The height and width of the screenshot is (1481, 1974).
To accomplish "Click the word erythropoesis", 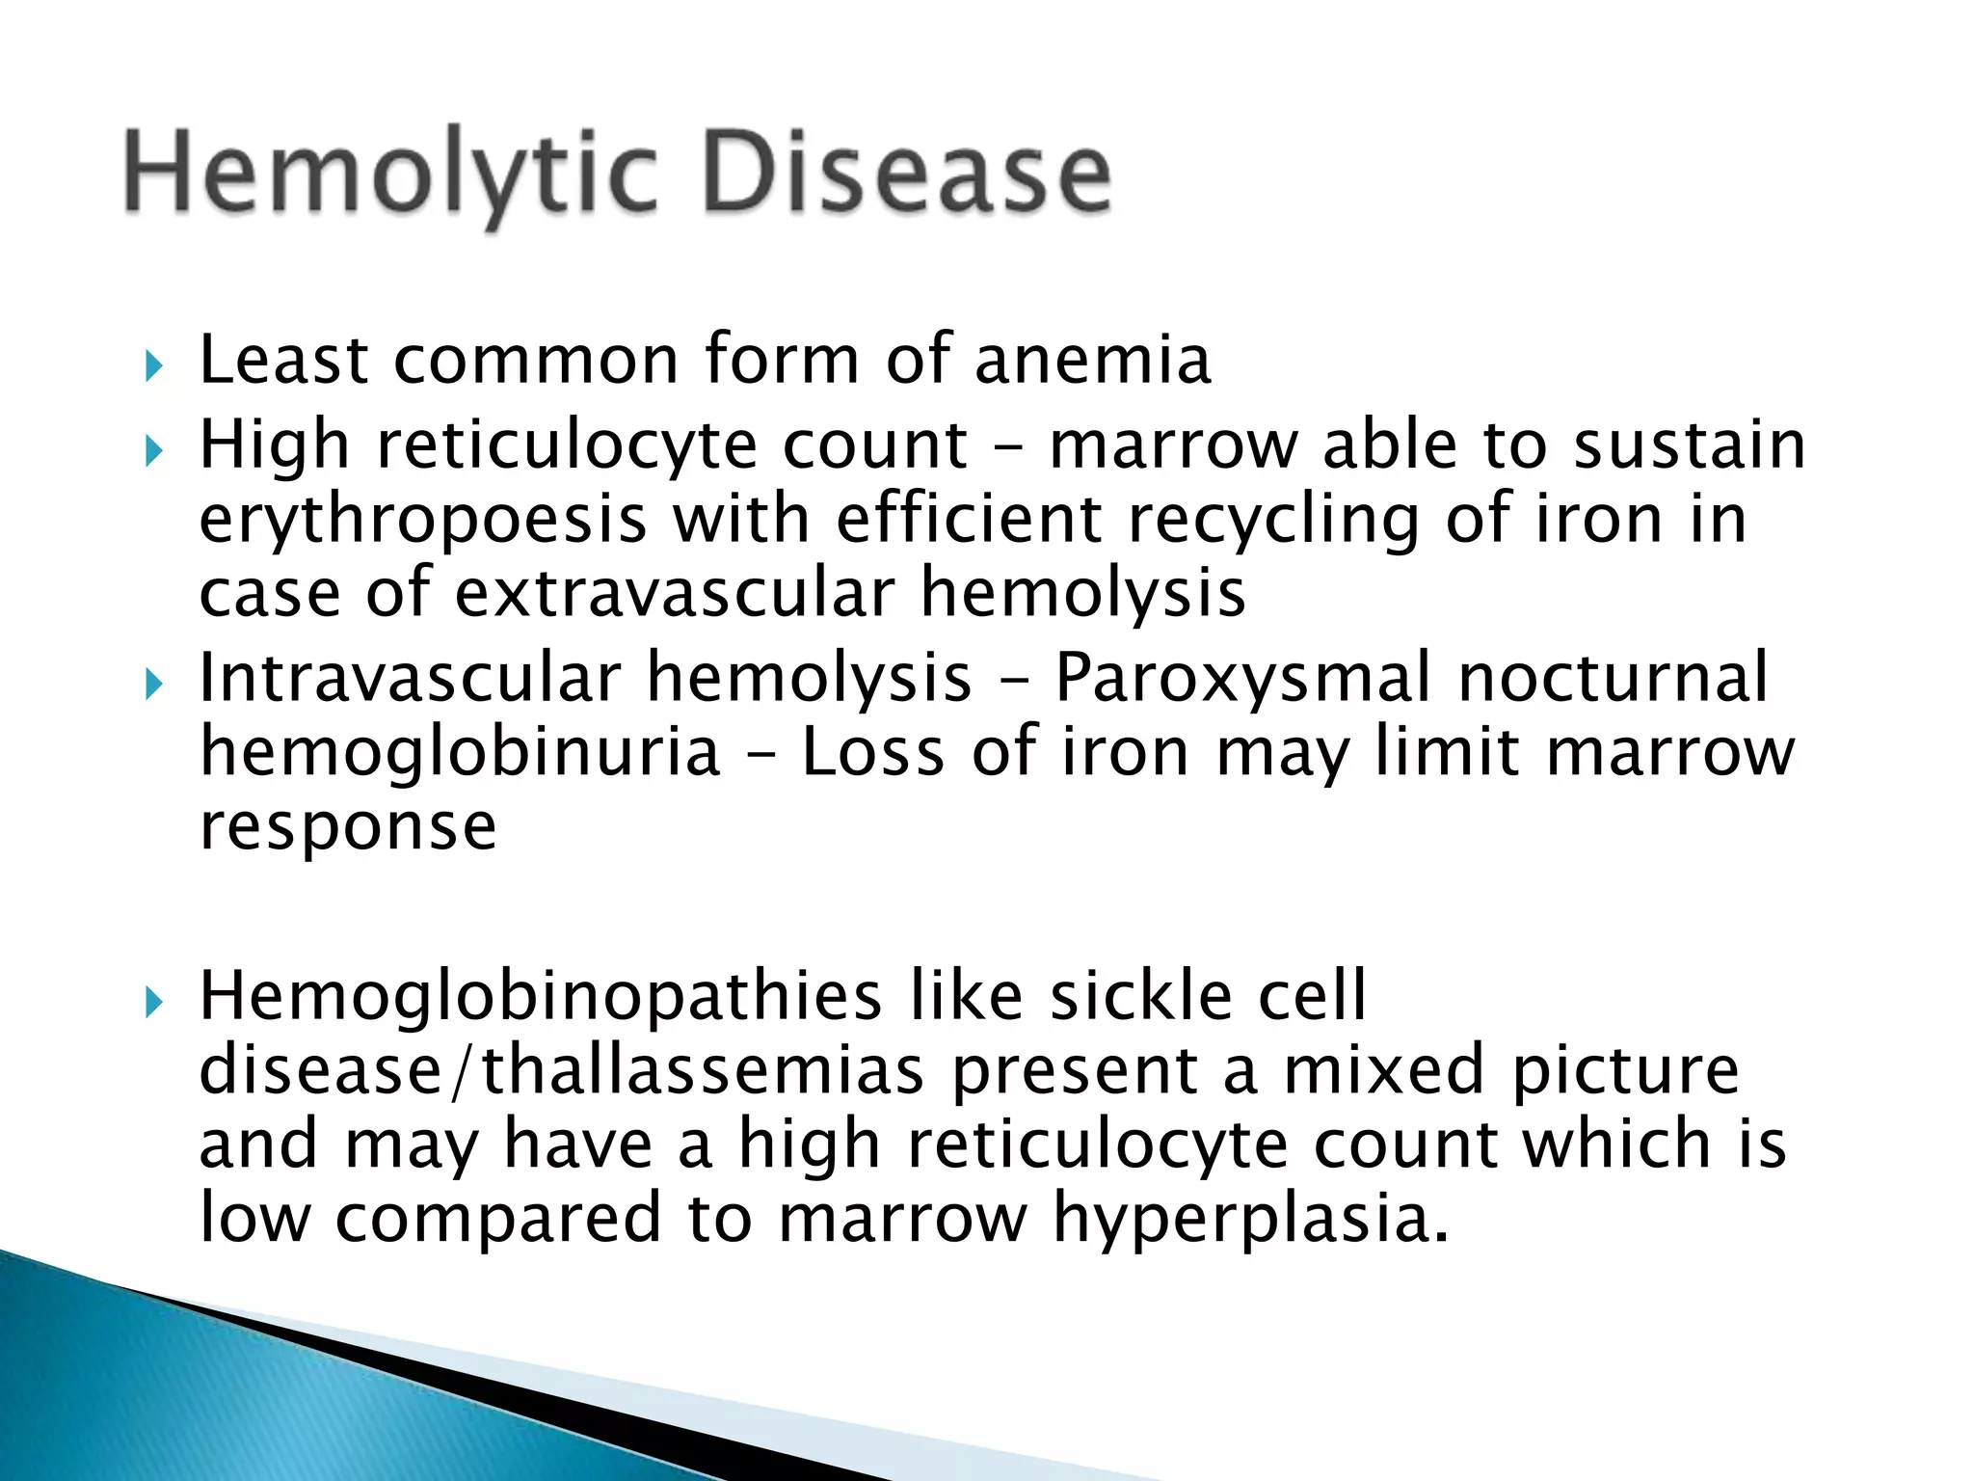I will pyautogui.click(x=422, y=522).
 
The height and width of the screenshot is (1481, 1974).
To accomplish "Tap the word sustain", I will pyautogui.click(x=1689, y=445).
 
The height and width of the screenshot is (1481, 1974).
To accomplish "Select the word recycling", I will pyautogui.click(x=1273, y=522).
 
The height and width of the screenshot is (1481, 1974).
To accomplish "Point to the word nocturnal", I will pyautogui.click(x=1614, y=677).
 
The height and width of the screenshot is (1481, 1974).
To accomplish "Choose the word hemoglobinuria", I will pyautogui.click(x=460, y=753).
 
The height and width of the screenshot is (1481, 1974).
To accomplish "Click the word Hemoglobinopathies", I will pyautogui.click(x=540, y=998).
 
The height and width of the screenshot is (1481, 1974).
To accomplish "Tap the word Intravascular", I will pyautogui.click(x=410, y=678).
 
